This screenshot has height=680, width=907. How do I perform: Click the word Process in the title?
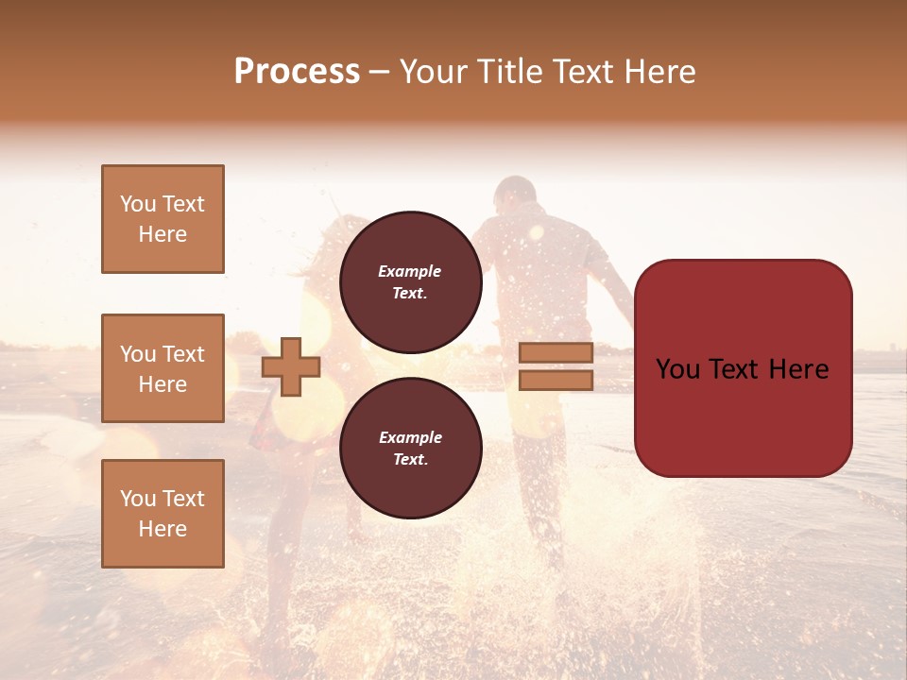pyautogui.click(x=297, y=72)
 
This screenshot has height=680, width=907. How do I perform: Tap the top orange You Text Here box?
pyautogui.click(x=163, y=219)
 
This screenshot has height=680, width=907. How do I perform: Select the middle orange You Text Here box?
pyautogui.click(x=163, y=368)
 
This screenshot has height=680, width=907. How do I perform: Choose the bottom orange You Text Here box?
pyautogui.click(x=163, y=514)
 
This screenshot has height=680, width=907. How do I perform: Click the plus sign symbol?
pyautogui.click(x=291, y=366)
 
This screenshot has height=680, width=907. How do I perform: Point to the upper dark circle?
pyautogui.click(x=410, y=281)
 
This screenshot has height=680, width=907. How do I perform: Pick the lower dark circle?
pyautogui.click(x=410, y=448)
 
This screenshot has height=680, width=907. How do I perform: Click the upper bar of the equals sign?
pyautogui.click(x=556, y=353)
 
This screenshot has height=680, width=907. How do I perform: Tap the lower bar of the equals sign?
pyautogui.click(x=556, y=380)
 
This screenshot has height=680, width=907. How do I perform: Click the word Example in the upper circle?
pyautogui.click(x=410, y=271)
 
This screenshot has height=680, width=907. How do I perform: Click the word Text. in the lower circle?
pyautogui.click(x=410, y=459)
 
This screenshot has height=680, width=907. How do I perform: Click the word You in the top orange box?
pyautogui.click(x=138, y=204)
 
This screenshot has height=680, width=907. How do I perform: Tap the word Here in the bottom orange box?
pyautogui.click(x=163, y=529)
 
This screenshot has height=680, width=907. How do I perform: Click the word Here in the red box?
pyautogui.click(x=798, y=368)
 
